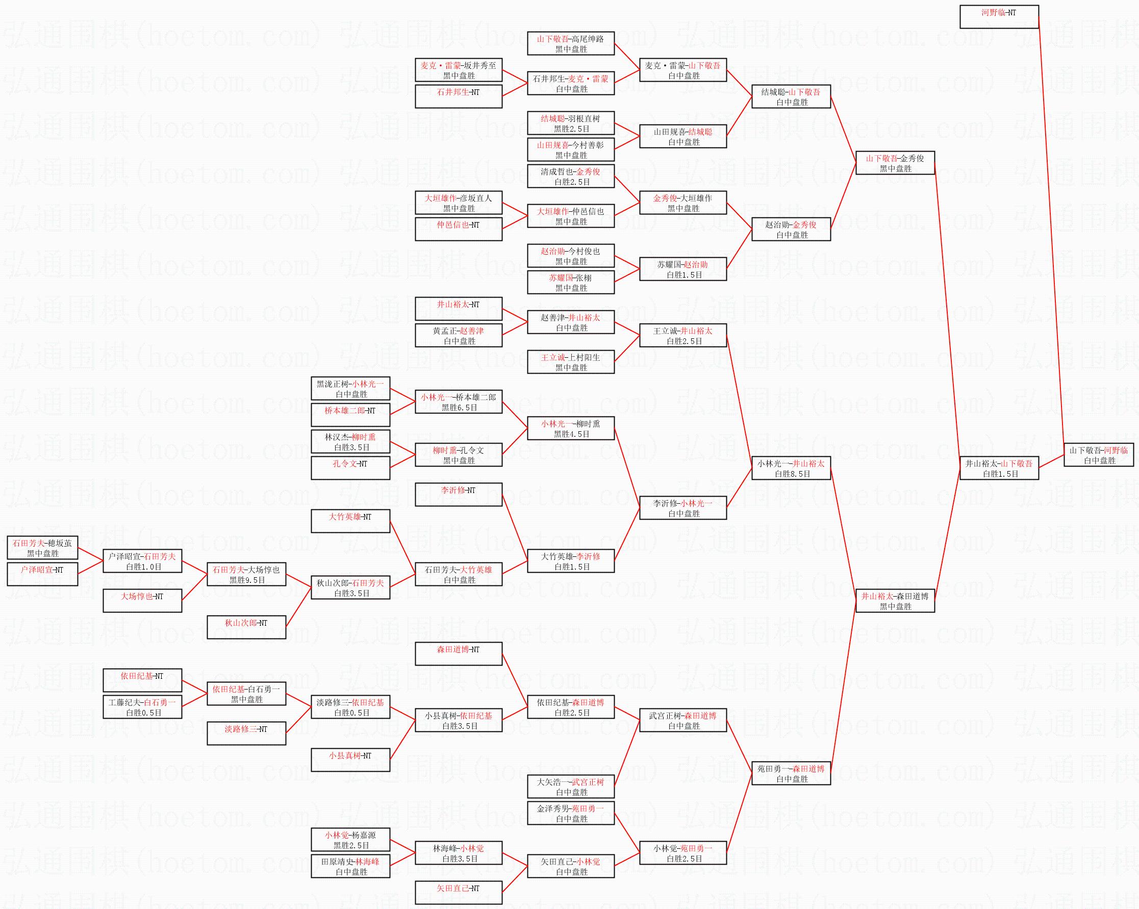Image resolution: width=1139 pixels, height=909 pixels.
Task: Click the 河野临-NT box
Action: pos(999,17)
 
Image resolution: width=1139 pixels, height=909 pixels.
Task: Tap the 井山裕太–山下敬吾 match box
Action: pos(999,468)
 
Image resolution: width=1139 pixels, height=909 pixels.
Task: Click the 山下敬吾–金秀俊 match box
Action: pos(895,163)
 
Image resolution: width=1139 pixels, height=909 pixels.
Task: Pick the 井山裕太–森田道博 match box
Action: pos(895,601)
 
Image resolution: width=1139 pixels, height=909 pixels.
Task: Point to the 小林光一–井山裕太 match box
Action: pos(791,468)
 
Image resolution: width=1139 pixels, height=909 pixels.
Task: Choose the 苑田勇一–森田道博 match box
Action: pos(791,773)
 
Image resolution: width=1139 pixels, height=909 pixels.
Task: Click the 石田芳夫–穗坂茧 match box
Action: pos(42,548)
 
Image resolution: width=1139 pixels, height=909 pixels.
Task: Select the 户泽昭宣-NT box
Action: pos(42,574)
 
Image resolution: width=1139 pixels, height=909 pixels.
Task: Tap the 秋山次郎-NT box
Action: pos(246,627)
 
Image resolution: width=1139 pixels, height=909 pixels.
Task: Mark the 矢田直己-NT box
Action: pos(459,893)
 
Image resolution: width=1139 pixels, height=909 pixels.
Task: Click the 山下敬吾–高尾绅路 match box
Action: pos(571,43)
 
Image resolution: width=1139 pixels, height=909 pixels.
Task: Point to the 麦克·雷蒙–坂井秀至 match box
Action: pos(459,70)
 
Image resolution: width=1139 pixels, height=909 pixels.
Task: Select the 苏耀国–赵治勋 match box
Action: pos(683,269)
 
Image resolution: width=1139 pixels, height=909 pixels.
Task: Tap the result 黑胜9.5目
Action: pos(247,580)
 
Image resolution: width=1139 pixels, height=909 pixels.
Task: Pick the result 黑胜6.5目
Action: pos(460,408)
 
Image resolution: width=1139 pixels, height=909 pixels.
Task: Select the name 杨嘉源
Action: pos(364,836)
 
